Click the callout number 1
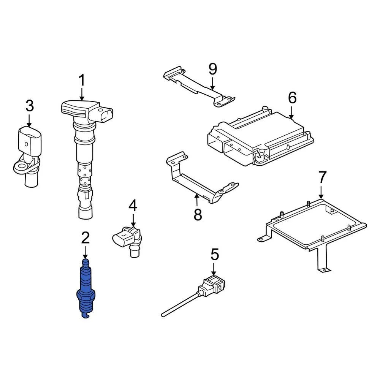pos(82,81)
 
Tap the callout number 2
pos(85,238)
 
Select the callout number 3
pos(30,106)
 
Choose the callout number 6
pos(291,98)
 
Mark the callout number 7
pos(322,177)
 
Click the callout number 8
pos(198,214)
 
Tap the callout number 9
pos(212,69)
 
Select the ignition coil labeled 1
pos(85,152)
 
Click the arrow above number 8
pos(197,200)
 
